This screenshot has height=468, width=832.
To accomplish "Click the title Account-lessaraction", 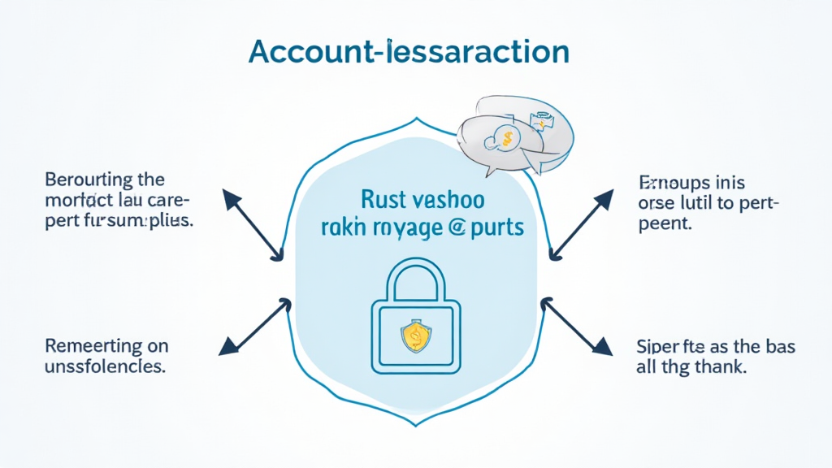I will [409, 50].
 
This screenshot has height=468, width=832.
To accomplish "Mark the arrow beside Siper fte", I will [577, 327].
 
